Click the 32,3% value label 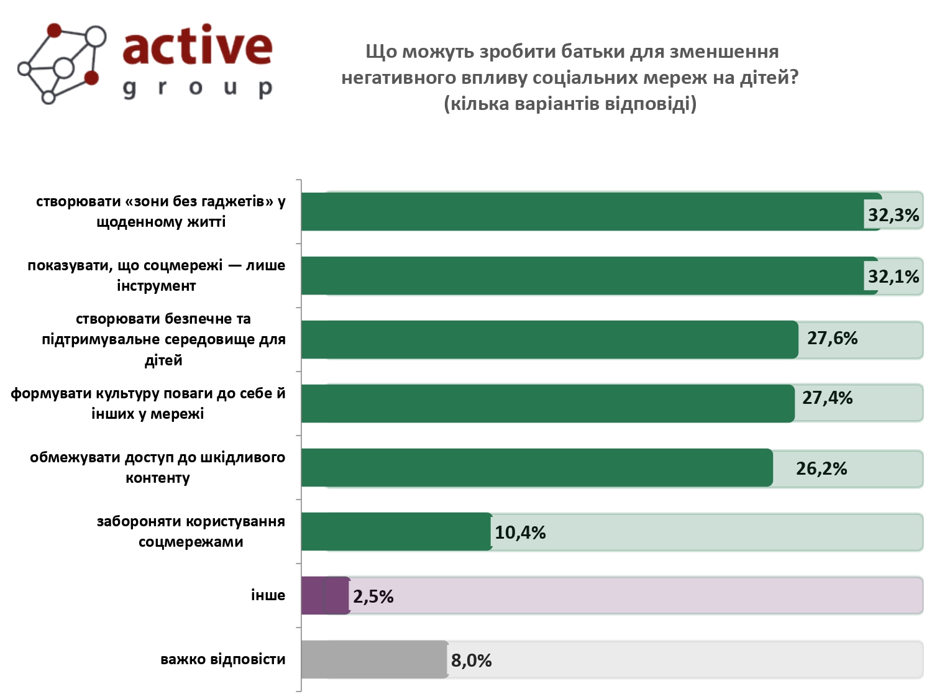(x=893, y=215)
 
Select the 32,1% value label (x=893, y=276)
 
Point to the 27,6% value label (x=832, y=338)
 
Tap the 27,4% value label (x=827, y=398)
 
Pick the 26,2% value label (x=821, y=468)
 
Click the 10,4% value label (x=520, y=532)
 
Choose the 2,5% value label (x=373, y=596)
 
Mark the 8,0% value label (x=471, y=660)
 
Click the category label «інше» (x=268, y=595)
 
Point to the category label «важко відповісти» (x=222, y=659)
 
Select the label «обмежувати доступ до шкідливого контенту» (x=157, y=467)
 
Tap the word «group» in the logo (x=197, y=88)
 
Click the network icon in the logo (x=61, y=63)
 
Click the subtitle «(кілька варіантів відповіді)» (x=570, y=103)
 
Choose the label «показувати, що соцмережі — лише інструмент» (x=156, y=275)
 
